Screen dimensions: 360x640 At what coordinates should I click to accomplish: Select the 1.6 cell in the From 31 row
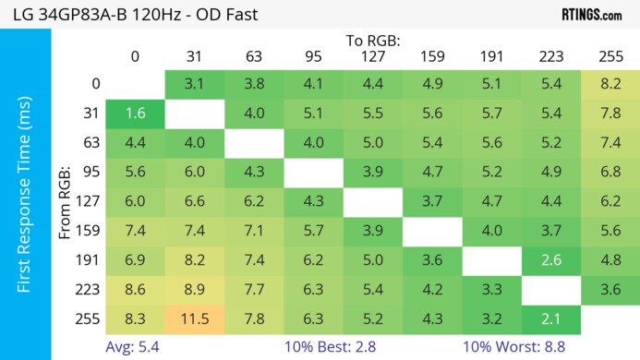coord(135,114)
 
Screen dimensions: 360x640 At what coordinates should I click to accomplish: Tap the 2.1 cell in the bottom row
coord(550,319)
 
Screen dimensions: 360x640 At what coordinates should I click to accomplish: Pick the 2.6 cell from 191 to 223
coord(550,261)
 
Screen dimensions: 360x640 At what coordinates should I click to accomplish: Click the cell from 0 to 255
coord(610,84)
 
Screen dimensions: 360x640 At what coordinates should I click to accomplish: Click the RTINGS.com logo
coord(591,15)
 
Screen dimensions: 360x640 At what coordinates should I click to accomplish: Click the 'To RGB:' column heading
coord(373,41)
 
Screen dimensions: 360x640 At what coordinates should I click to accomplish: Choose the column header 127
coord(373,55)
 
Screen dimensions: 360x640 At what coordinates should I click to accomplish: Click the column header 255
coord(610,55)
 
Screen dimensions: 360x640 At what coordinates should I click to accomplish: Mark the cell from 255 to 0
coord(135,319)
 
